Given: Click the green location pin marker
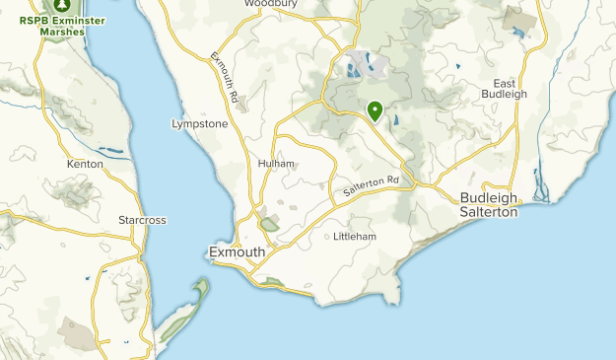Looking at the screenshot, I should pos(375,111).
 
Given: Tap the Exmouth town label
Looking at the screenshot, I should pos(238,252).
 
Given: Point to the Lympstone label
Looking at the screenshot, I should pos(199,124).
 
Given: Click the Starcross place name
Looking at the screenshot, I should pos(141,219).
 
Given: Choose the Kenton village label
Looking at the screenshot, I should pos(85,164).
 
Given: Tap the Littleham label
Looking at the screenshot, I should pos(355,237).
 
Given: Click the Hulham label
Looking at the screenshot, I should pos(276,163).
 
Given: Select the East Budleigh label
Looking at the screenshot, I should pos(505,87).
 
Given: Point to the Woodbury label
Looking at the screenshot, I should pos(270,4).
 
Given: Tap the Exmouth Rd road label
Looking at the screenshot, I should pos(225,77).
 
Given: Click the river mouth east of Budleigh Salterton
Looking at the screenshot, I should pos(539,187).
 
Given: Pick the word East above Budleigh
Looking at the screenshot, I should pos(505,81).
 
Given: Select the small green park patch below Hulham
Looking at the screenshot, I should pos(270,225).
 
